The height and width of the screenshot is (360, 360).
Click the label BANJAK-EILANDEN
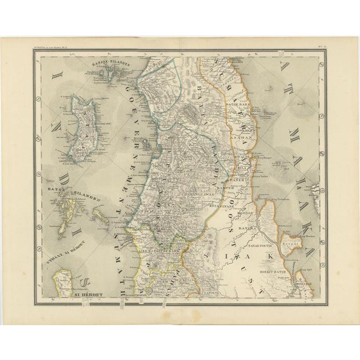click(x=108, y=64)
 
